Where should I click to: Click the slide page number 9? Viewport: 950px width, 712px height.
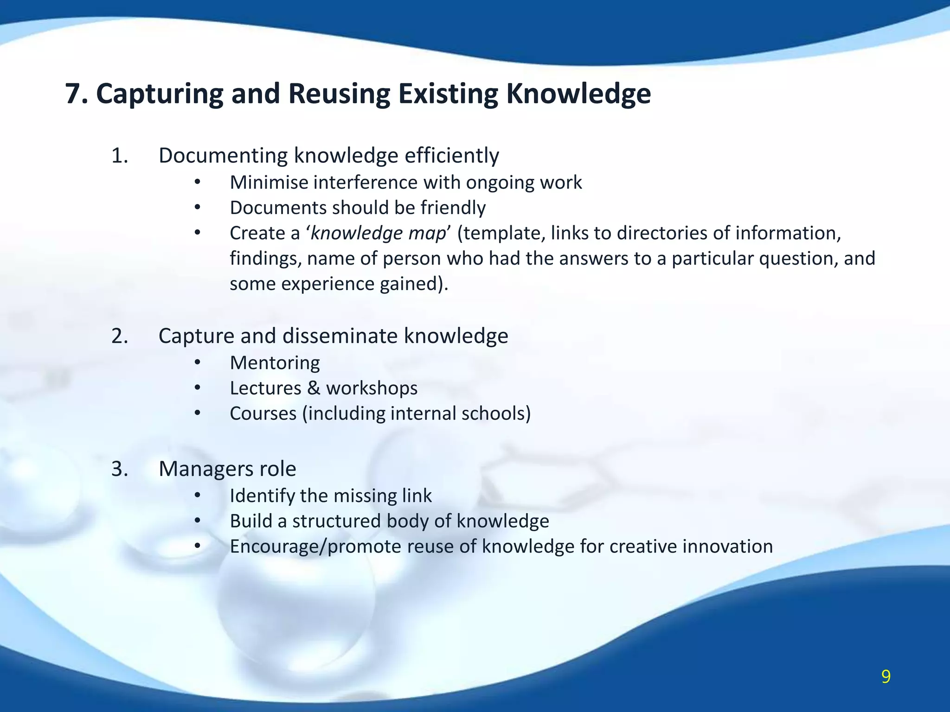[x=886, y=677]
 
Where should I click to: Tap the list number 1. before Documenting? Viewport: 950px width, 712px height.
[x=120, y=156]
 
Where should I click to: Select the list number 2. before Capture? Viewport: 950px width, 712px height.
[x=120, y=336]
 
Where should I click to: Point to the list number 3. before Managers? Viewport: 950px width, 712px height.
[x=120, y=469]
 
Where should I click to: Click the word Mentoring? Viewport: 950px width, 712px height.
[x=275, y=363]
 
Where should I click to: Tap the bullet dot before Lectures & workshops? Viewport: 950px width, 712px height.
[x=197, y=388]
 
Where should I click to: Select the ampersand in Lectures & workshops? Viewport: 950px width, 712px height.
[x=314, y=388]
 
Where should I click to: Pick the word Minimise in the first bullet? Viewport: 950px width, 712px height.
[x=269, y=183]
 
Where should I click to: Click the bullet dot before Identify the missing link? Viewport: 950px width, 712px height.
[x=197, y=496]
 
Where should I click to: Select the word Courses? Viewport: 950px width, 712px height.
[x=263, y=413]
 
